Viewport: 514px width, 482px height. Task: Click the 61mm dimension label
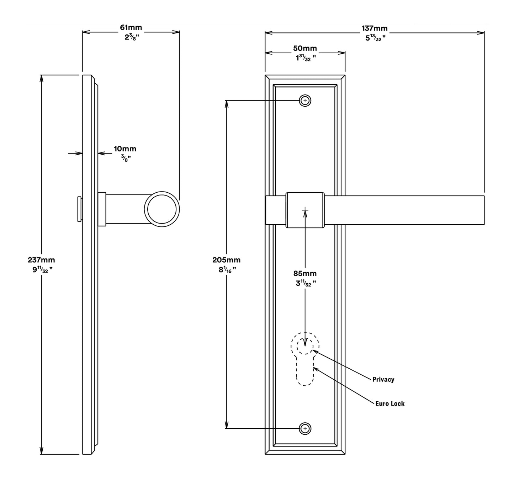click(131, 28)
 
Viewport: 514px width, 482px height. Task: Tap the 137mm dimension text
click(375, 28)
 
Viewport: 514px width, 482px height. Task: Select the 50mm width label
click(305, 48)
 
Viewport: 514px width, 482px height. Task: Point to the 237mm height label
click(41, 260)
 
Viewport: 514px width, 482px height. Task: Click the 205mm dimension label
click(226, 260)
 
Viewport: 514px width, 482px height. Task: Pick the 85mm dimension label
click(305, 274)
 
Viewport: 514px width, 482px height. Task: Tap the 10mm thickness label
click(125, 149)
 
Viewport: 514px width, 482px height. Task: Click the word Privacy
click(383, 380)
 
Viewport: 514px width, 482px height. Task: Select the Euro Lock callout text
click(390, 403)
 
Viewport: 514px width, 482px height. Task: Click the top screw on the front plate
click(305, 101)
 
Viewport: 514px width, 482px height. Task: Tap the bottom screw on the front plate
click(305, 429)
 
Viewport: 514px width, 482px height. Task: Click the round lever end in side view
click(162, 209)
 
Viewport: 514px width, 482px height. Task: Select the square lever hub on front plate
click(305, 210)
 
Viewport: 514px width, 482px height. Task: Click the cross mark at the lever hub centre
click(305, 210)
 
